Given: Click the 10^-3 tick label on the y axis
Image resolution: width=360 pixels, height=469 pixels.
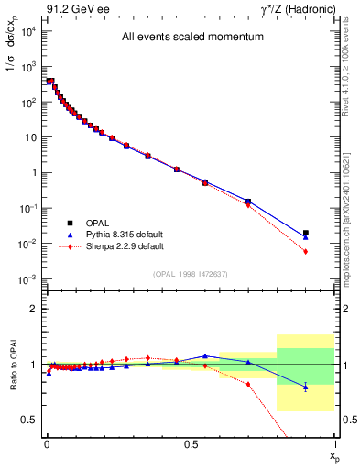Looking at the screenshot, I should point(28,278).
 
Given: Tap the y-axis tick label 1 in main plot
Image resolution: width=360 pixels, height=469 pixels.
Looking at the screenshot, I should point(34,172).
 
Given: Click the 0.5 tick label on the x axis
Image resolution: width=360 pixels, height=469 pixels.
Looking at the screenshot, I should point(191,442).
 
